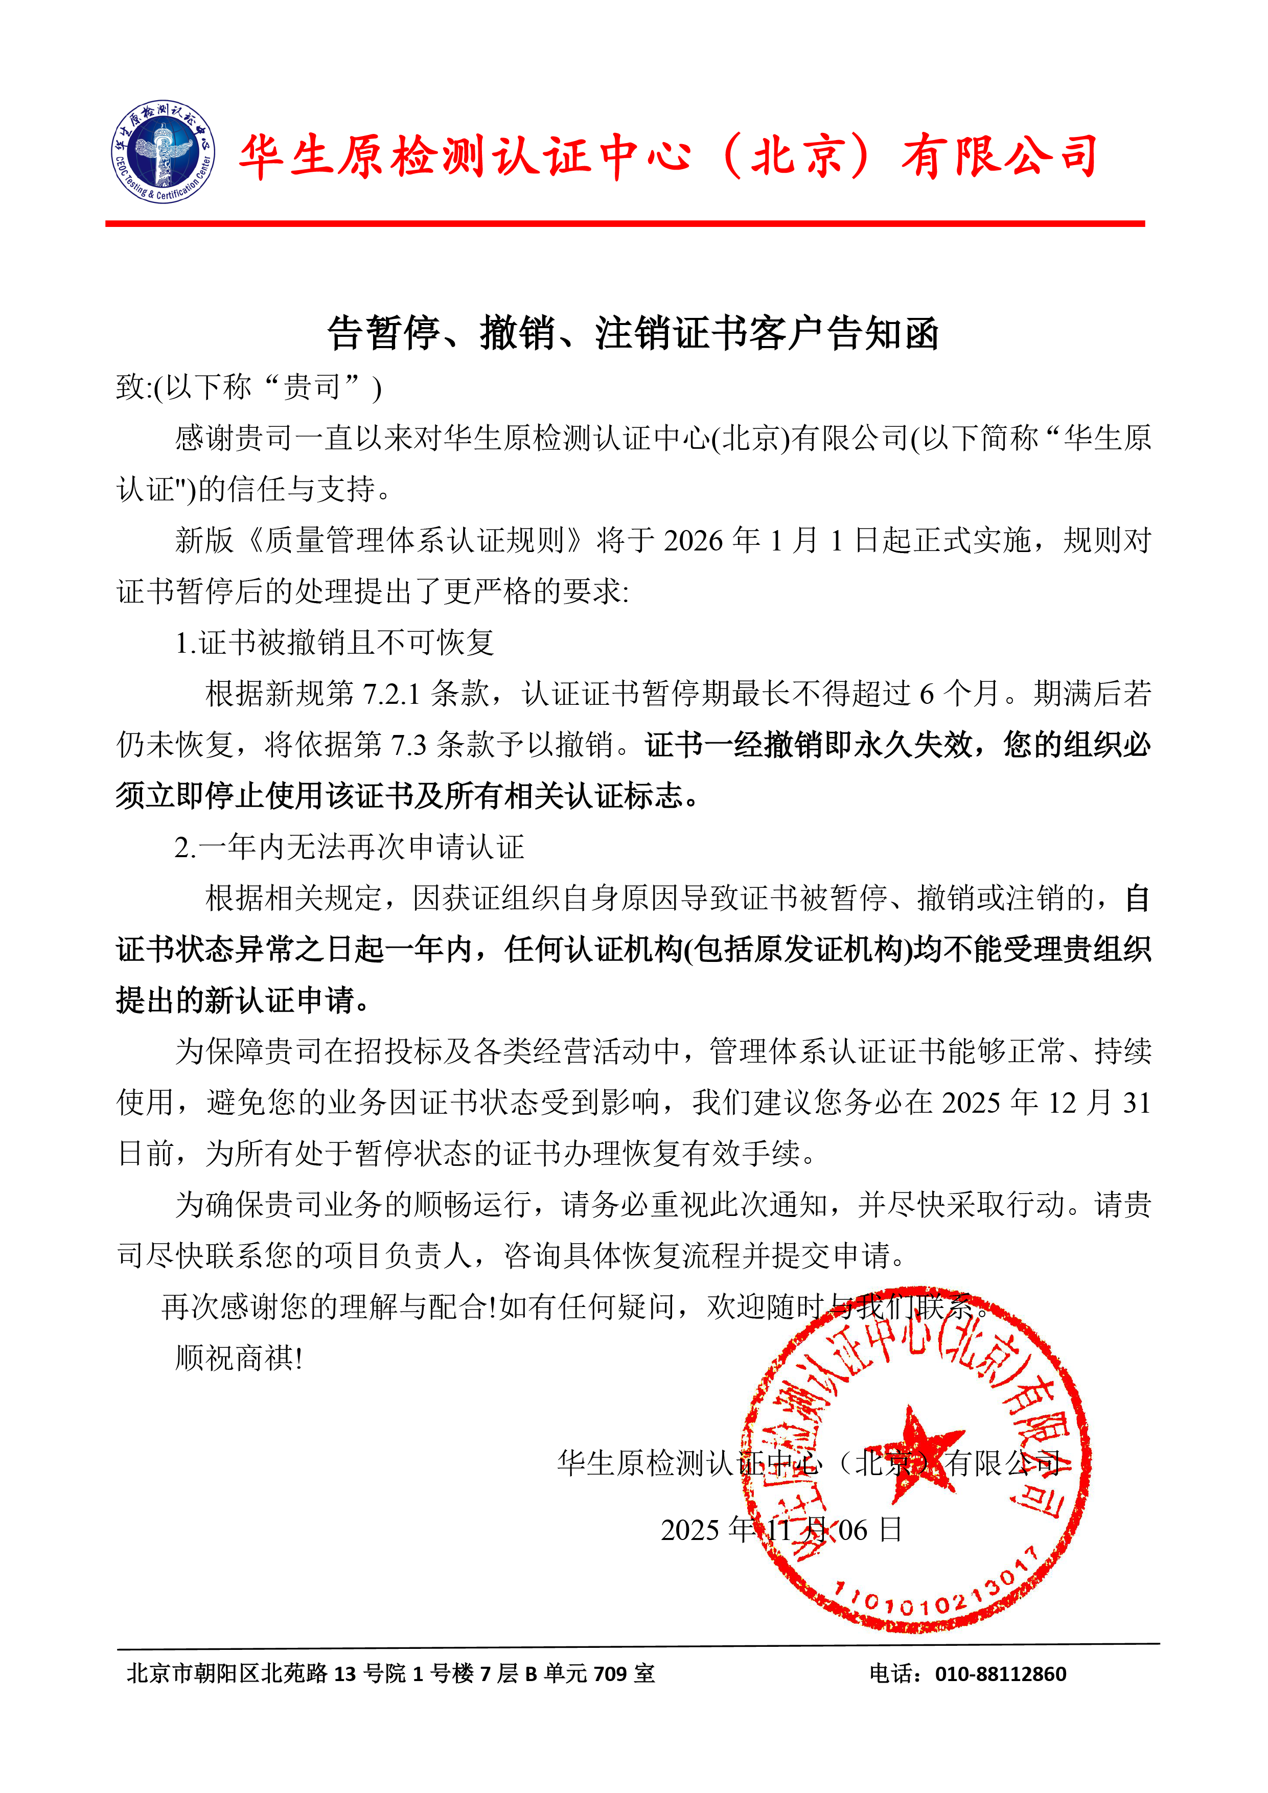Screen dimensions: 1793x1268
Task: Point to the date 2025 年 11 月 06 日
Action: coord(781,1529)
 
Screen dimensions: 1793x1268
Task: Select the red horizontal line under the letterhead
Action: coord(625,224)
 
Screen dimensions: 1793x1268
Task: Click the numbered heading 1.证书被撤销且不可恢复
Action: coord(334,642)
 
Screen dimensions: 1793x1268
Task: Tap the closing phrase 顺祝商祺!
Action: coord(239,1358)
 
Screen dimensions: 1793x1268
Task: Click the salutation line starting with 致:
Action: coord(248,386)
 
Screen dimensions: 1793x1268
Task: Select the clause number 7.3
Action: coord(408,745)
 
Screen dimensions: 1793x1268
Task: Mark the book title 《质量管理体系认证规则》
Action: coord(414,540)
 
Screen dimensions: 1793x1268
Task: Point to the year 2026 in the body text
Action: coord(694,540)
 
